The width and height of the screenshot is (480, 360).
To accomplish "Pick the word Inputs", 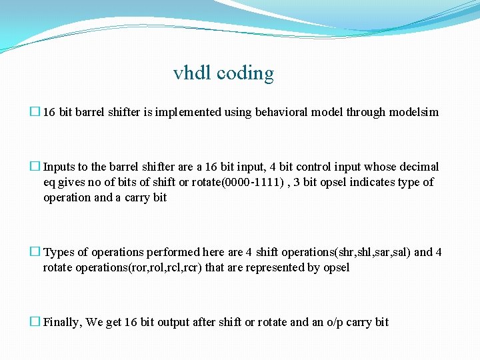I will click(x=59, y=167).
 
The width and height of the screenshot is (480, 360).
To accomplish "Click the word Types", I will click(x=59, y=252).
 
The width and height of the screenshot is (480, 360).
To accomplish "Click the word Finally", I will click(x=63, y=322).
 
